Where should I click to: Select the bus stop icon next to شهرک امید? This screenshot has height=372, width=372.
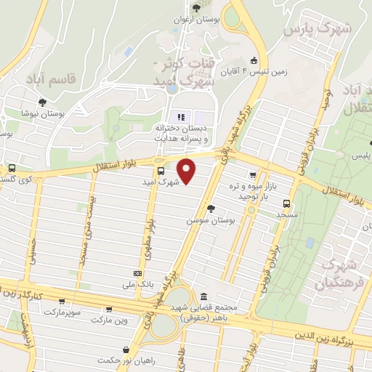coord(161,171)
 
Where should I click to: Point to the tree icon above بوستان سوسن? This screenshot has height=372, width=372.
coord(211,209)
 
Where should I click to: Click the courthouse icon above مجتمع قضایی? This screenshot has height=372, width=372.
coord(203,297)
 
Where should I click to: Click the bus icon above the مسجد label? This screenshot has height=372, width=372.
coord(287,204)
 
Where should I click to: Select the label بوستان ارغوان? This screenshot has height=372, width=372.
coord(196,20)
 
